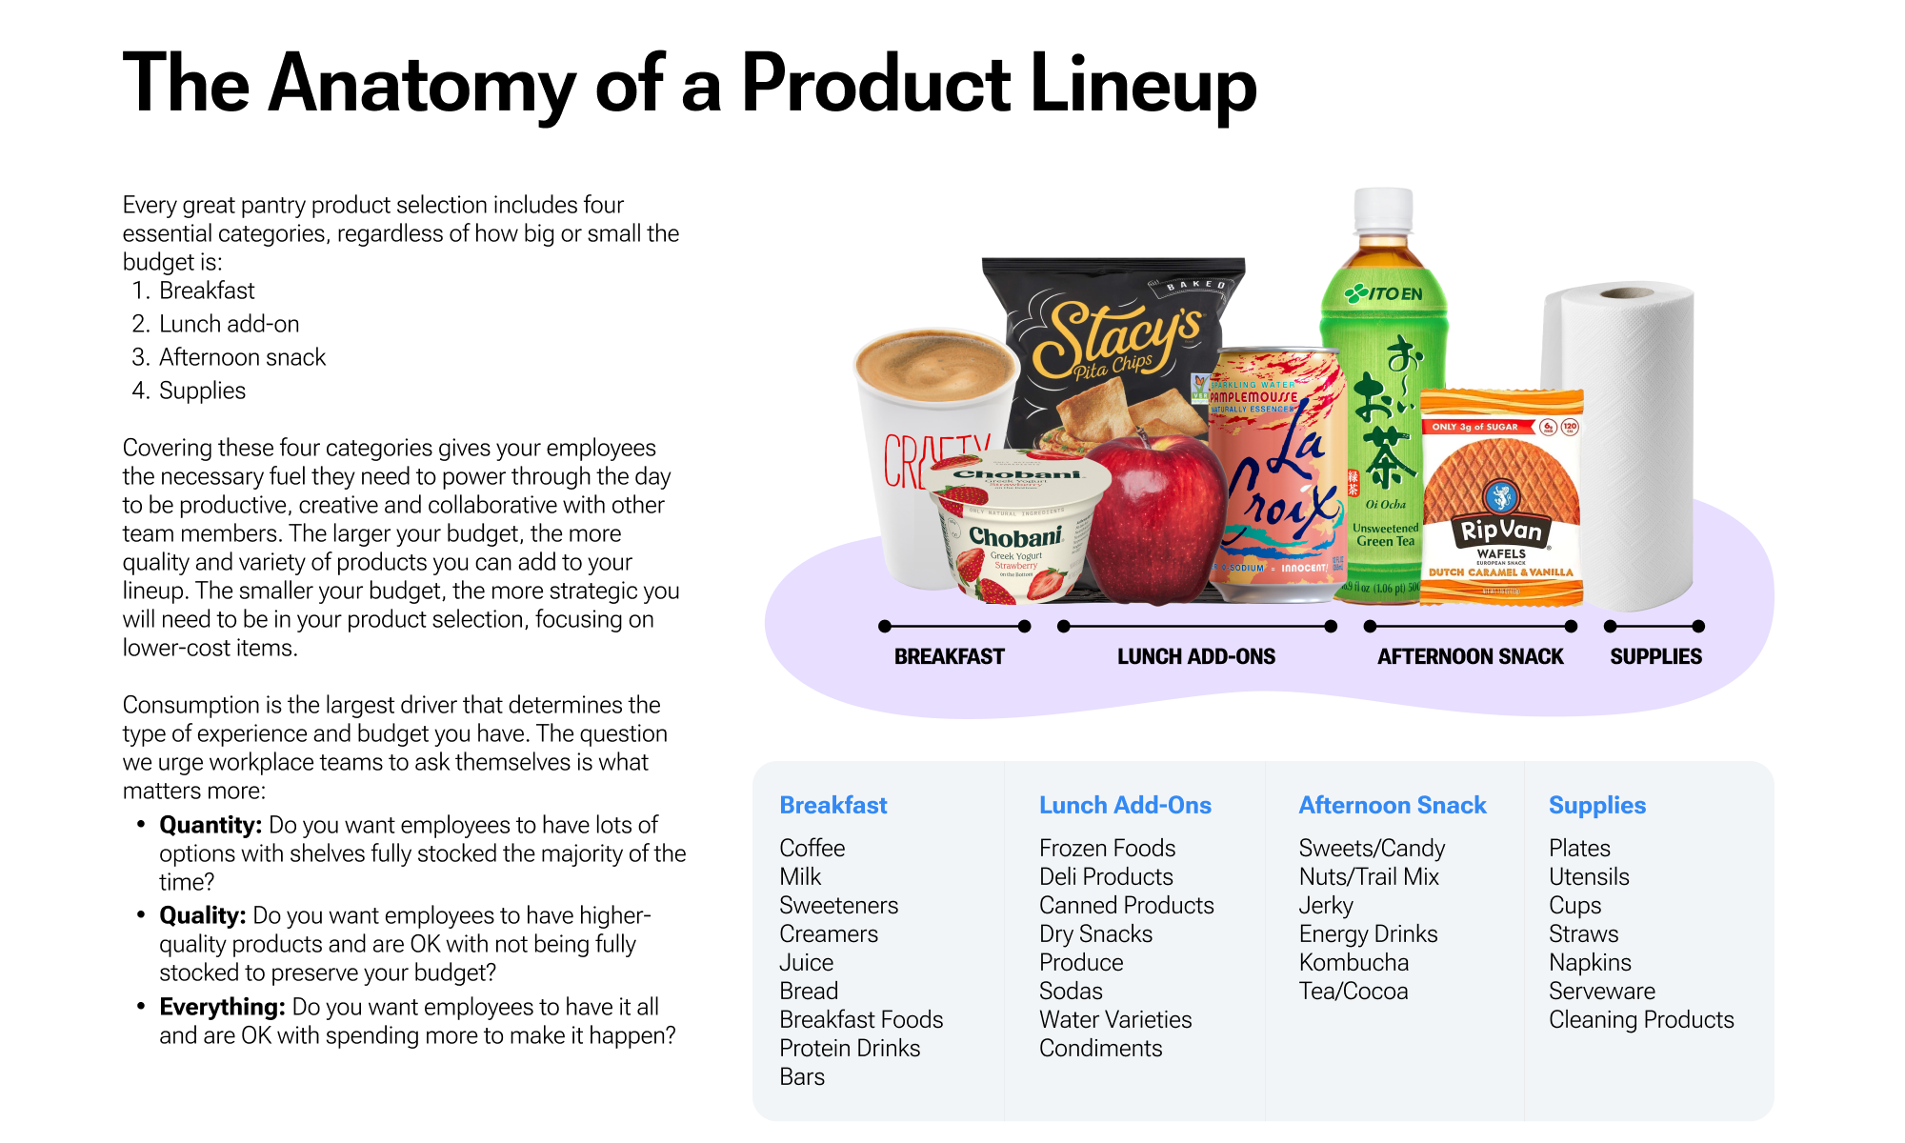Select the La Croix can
tap(1276, 476)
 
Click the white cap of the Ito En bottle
tap(1383, 210)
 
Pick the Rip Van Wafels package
tap(1501, 500)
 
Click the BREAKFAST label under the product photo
tap(949, 656)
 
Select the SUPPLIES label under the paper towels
tap(1655, 656)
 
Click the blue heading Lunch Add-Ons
tap(1125, 805)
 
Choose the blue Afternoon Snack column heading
tap(1393, 805)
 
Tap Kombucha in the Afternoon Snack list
tap(1354, 962)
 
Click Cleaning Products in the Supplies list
tap(1641, 1019)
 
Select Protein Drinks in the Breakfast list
tap(850, 1048)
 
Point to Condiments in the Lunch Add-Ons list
tap(1100, 1048)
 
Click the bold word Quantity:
tap(211, 825)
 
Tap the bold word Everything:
tap(222, 1007)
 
